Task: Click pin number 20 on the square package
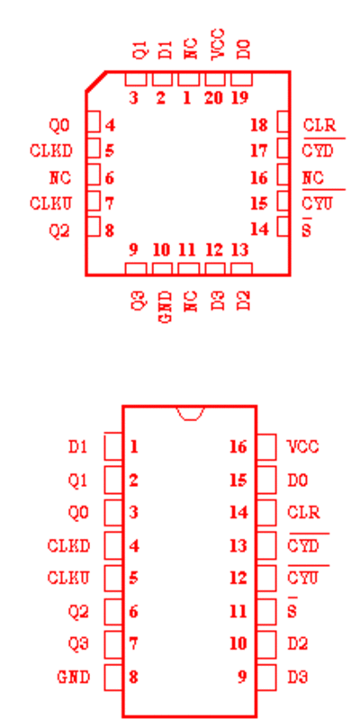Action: coord(213,98)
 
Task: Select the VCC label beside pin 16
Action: coord(303,446)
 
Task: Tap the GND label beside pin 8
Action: coord(74,678)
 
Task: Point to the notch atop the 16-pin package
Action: coord(191,413)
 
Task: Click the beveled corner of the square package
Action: coord(95,81)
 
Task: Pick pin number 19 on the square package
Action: coord(239,98)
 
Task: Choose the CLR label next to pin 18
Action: coord(319,125)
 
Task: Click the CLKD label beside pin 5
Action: coord(51,151)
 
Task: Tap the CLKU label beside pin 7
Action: coord(51,203)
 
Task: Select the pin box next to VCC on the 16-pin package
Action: coord(266,447)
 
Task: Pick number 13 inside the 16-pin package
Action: coord(238,545)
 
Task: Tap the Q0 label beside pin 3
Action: coord(78,513)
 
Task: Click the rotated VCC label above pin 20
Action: coord(218,44)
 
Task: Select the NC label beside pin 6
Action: coord(60,177)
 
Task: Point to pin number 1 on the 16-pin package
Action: coord(134,446)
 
